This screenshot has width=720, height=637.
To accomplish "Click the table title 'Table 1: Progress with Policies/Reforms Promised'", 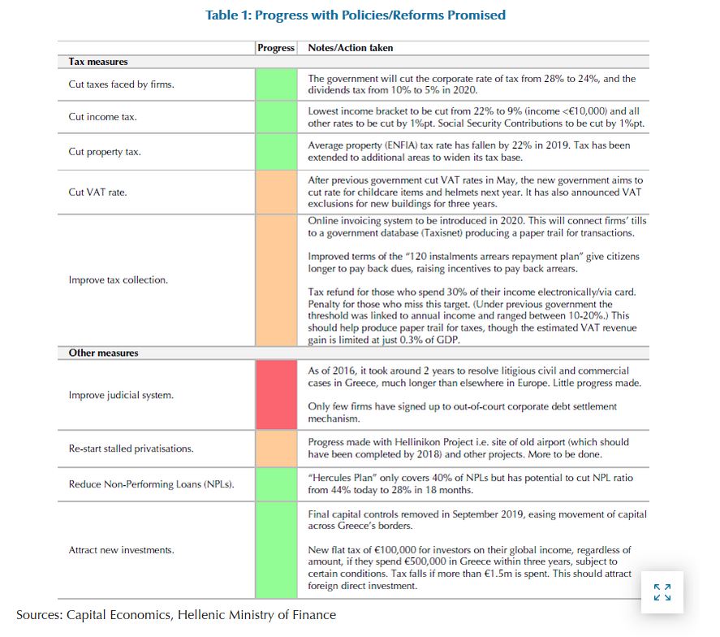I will [x=356, y=15].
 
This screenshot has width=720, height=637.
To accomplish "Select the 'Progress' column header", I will [x=276, y=48].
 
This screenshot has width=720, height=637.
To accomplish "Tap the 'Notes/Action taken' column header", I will [x=351, y=48].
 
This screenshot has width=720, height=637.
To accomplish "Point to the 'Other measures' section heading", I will [x=103, y=353].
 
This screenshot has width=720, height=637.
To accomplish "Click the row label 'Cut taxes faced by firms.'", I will [x=121, y=84].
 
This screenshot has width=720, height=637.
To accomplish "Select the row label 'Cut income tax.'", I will [x=102, y=117].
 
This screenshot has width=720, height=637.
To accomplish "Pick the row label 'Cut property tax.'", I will [x=105, y=152].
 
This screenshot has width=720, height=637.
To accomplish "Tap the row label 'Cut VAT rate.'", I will [x=97, y=193].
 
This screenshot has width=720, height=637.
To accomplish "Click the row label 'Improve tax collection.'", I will [x=119, y=280].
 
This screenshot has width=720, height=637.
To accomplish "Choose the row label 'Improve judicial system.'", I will [x=121, y=396].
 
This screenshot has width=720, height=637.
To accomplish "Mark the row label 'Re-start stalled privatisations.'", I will [x=131, y=448].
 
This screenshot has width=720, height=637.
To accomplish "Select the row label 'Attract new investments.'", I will [x=121, y=551].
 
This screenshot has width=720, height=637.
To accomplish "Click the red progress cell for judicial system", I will [x=276, y=396].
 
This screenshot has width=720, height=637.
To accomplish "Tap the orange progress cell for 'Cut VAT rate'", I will [x=276, y=193].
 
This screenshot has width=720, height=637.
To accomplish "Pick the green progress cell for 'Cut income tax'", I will [x=276, y=117].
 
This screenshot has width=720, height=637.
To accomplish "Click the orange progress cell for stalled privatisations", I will [x=276, y=448].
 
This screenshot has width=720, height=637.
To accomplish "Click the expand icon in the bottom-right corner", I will [x=662, y=591].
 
